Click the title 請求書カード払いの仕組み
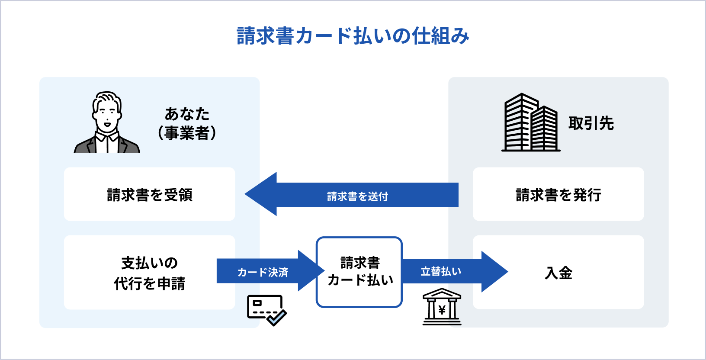click(x=353, y=36)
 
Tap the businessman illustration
click(x=107, y=123)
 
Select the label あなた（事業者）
click(x=187, y=123)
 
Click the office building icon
click(x=531, y=123)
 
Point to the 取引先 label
click(x=591, y=123)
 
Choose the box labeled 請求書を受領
click(x=149, y=195)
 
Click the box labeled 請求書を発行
click(x=558, y=195)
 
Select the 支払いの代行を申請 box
click(x=149, y=273)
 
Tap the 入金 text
click(x=558, y=273)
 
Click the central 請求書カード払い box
click(x=359, y=272)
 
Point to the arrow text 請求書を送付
click(x=357, y=196)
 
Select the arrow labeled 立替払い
click(x=441, y=271)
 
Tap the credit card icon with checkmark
click(x=266, y=309)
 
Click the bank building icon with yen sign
click(x=442, y=307)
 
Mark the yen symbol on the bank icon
click(x=442, y=310)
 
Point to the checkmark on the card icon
click(x=277, y=318)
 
